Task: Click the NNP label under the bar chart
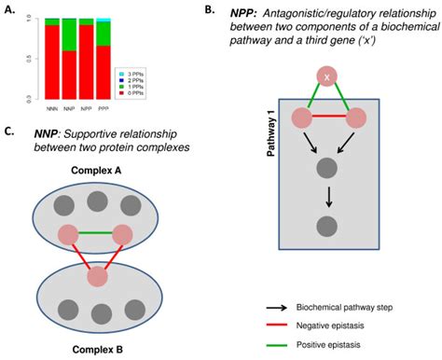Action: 69,108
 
